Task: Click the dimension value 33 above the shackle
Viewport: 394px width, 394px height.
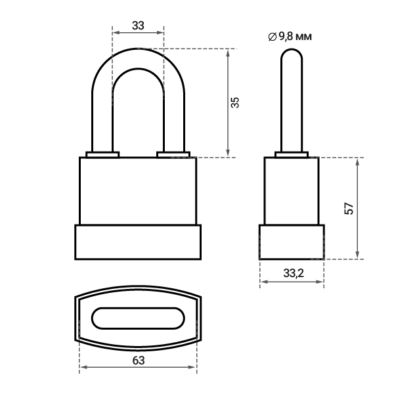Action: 138,26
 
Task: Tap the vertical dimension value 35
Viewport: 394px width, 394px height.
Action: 235,102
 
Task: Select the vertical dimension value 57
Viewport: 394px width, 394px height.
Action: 349,208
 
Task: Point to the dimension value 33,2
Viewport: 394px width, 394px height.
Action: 294,273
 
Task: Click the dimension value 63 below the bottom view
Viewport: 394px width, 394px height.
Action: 139,361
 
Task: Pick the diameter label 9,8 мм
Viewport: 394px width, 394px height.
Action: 295,37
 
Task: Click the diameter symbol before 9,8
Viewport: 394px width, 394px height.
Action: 273,37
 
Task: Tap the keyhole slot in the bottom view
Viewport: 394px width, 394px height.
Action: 138,318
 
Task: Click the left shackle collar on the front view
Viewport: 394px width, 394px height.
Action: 102,154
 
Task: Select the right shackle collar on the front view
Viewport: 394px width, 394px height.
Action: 173,154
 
